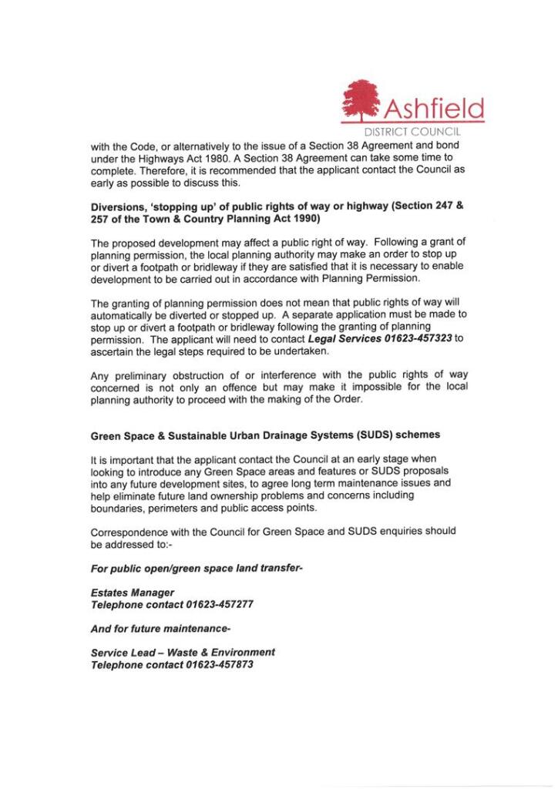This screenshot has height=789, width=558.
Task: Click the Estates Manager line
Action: click(133, 593)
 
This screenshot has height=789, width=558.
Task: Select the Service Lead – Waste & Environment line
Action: click(183, 652)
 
